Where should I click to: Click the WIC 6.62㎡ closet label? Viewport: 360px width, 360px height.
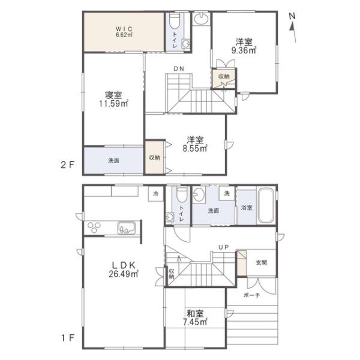click(x=124, y=32)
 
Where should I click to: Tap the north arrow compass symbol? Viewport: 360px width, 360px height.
click(x=292, y=28)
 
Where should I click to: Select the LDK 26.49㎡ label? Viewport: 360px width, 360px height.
click(x=124, y=269)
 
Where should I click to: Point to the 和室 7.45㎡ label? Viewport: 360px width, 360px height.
click(x=195, y=318)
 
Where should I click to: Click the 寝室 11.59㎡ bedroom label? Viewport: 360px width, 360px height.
click(x=113, y=99)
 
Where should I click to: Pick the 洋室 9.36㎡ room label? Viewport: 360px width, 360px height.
click(x=244, y=46)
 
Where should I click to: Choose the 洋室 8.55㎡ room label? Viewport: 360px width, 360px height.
click(x=195, y=144)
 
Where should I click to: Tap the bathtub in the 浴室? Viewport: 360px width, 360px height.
click(x=266, y=205)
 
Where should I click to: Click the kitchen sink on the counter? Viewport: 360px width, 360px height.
click(x=126, y=227)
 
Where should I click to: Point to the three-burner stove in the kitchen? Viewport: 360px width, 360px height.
click(x=94, y=227)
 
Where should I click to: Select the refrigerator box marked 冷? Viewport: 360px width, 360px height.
click(x=155, y=194)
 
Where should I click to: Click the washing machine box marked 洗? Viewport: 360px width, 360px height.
click(x=227, y=194)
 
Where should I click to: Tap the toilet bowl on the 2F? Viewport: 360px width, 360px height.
click(x=175, y=20)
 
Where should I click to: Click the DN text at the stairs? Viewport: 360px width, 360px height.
click(x=179, y=68)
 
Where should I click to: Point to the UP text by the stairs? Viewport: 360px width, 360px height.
click(x=223, y=247)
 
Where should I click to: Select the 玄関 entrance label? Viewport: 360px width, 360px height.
click(x=261, y=262)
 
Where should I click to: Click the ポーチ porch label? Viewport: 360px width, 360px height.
click(x=251, y=295)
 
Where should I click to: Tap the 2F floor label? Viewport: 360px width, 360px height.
click(x=67, y=165)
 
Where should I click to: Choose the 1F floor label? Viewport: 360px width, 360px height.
click(x=67, y=338)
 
